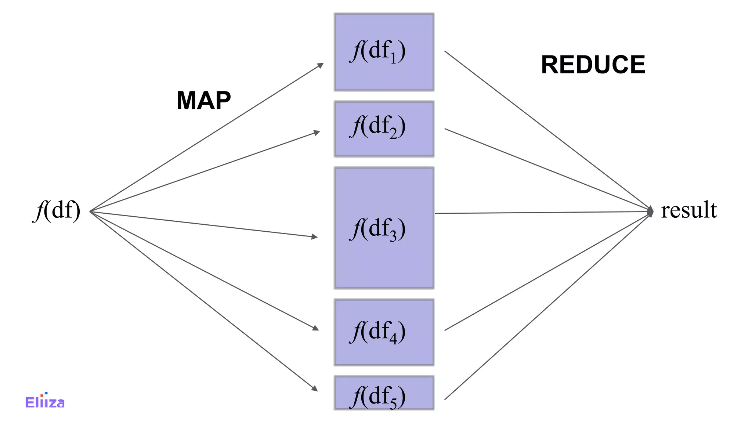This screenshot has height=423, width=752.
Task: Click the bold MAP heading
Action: coord(203,101)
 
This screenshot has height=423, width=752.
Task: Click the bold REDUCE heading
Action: coord(593,65)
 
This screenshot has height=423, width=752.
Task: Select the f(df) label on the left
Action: coord(57,211)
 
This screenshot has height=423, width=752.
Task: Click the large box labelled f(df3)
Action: coord(384,257)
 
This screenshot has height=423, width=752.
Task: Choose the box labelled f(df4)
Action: coord(384,352)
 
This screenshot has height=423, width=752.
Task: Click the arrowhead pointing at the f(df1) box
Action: coord(321,65)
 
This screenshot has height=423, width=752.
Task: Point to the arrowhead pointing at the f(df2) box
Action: coord(317,132)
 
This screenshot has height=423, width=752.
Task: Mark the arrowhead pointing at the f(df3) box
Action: coord(314,237)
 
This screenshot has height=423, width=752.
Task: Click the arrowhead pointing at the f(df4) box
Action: coord(315,328)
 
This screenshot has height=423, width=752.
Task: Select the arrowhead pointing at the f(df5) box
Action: coord(314,388)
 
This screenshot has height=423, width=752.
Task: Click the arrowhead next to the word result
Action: coord(650,211)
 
